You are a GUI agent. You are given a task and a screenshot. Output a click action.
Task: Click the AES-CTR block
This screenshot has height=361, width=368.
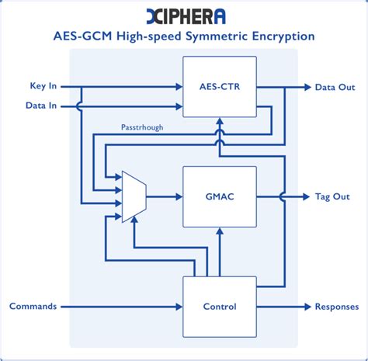(220, 87)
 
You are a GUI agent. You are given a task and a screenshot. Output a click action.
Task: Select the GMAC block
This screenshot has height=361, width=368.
(220, 196)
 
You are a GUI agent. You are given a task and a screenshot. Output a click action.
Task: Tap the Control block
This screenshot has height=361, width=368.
(220, 306)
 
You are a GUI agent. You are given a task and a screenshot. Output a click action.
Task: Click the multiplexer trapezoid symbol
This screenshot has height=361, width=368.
(134, 197)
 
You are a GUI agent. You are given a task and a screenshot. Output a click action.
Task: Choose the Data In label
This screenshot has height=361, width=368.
(40, 106)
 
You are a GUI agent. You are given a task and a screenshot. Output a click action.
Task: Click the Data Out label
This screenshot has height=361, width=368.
(335, 87)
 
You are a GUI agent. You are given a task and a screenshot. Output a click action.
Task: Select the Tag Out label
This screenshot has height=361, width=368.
(333, 196)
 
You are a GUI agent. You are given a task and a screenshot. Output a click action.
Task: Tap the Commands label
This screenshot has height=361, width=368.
(33, 306)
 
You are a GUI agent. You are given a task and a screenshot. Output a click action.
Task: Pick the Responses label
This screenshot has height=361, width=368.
(336, 306)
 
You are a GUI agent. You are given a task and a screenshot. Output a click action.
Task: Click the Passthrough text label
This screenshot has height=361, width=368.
(142, 127)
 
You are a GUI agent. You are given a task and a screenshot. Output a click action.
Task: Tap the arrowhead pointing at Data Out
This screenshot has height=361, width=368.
(307, 87)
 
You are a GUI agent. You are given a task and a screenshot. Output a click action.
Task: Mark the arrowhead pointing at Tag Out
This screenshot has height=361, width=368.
(307, 196)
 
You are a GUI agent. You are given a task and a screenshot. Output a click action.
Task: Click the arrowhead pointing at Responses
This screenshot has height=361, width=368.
(307, 306)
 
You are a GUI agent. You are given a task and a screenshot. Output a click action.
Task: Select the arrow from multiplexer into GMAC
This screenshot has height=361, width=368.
(164, 197)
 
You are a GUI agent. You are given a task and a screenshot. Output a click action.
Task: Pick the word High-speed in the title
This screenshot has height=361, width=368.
(150, 36)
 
